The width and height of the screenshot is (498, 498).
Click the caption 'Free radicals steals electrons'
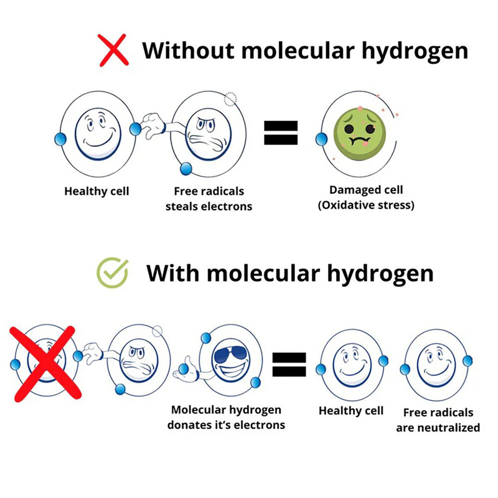tap(209, 198)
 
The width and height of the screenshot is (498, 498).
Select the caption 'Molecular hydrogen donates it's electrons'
tap(226, 417)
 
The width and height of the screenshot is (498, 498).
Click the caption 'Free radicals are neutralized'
tap(438, 420)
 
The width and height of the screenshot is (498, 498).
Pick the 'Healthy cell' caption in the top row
tap(96, 191)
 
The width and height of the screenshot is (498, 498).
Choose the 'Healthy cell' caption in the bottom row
tap(351, 411)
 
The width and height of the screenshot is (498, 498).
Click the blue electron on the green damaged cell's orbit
tap(322, 139)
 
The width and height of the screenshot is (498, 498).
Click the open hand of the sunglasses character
tap(187, 374)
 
